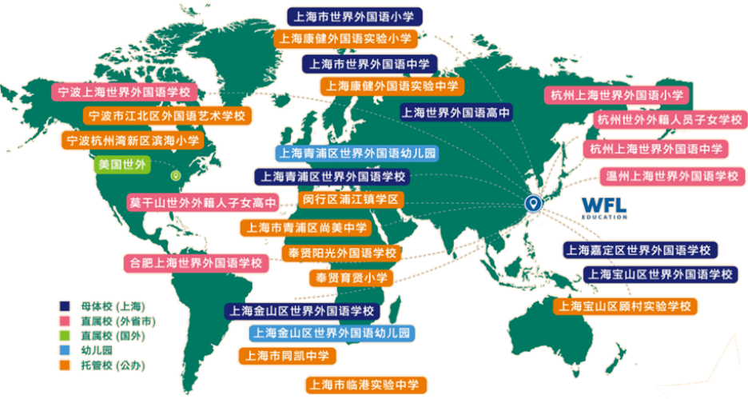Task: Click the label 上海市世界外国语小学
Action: [x=355, y=16]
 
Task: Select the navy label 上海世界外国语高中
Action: [x=456, y=112]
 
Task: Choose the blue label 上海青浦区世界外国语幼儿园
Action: [x=357, y=153]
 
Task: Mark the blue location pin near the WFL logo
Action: [x=532, y=204]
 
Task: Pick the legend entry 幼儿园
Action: [x=95, y=350]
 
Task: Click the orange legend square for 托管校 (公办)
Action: [x=65, y=365]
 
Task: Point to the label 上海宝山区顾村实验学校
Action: [x=625, y=305]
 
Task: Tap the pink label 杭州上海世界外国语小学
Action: [x=617, y=94]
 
